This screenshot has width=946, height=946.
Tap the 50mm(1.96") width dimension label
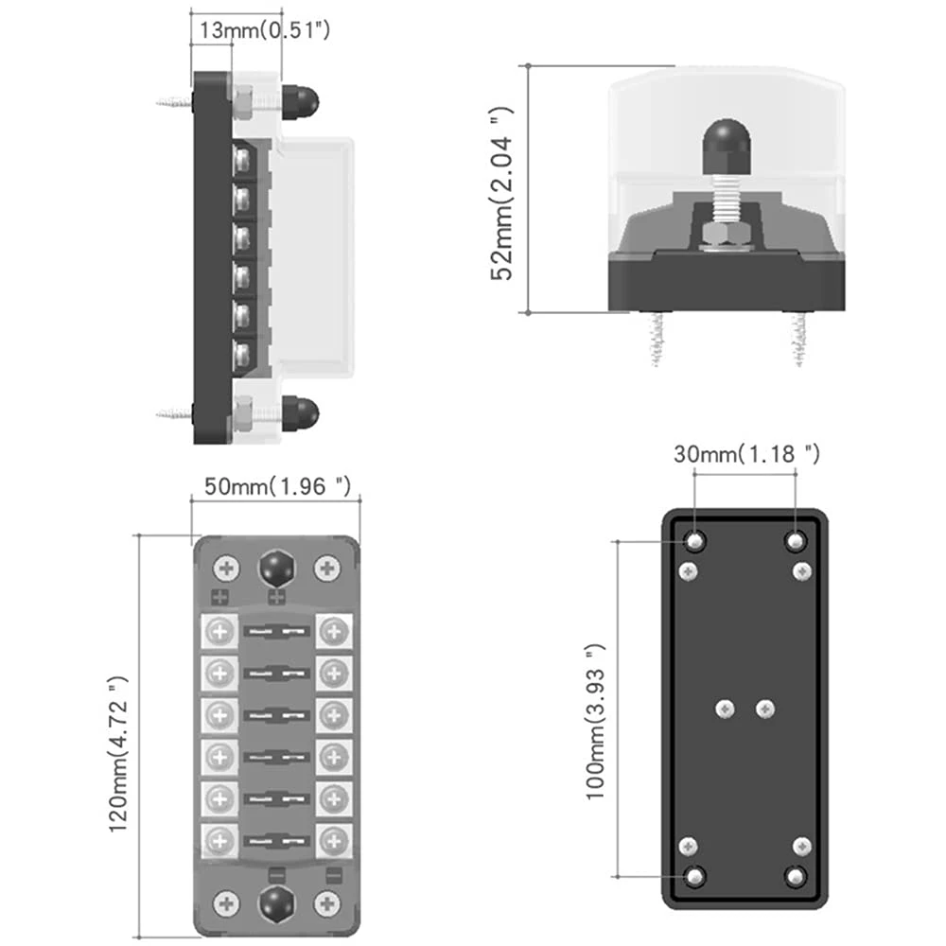click(x=279, y=486)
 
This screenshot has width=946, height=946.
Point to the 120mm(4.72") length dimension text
click(x=118, y=754)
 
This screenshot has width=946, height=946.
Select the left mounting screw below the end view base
click(x=655, y=339)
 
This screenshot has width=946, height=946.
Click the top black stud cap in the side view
click(x=301, y=100)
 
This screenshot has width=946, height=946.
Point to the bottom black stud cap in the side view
click(x=301, y=412)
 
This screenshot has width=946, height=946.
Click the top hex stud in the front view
click(x=276, y=569)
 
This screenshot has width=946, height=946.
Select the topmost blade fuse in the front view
click(x=276, y=630)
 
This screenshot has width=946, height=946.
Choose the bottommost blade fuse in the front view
click(x=276, y=839)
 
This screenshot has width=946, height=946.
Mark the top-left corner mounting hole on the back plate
click(x=696, y=541)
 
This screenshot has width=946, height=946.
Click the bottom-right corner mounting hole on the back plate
click(x=796, y=877)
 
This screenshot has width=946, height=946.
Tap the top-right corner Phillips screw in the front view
click(x=327, y=569)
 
